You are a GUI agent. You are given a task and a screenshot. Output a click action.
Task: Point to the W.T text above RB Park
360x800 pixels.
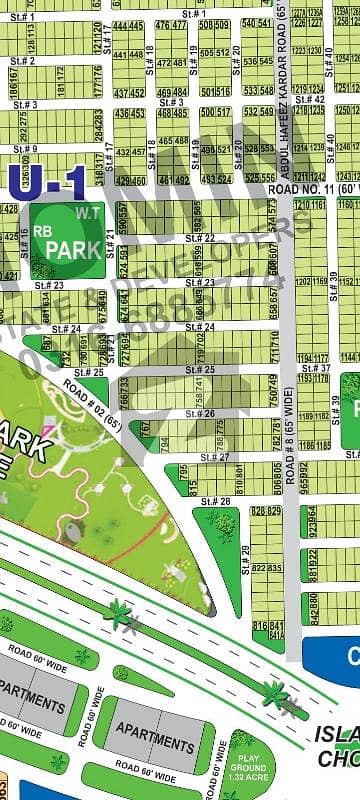(x=83, y=212)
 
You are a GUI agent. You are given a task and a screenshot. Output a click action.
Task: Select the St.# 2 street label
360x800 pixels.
(x=24, y=61)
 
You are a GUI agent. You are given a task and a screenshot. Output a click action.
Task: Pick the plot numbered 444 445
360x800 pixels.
(x=127, y=25)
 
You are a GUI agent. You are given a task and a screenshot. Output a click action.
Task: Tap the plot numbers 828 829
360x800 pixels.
(x=265, y=511)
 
